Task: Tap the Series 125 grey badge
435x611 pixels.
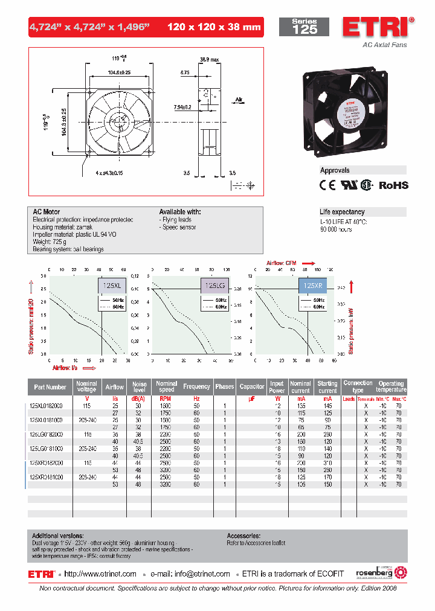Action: [x=304, y=27]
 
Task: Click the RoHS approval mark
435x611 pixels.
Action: [x=393, y=185]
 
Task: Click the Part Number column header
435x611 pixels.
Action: [x=50, y=387]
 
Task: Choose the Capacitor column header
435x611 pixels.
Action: [x=251, y=387]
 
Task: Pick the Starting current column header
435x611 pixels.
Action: [x=327, y=387]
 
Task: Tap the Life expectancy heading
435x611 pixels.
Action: [x=342, y=212]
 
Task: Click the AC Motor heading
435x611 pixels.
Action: [x=47, y=212]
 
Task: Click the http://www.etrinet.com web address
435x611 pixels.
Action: [x=100, y=574]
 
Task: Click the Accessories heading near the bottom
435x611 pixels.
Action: [x=243, y=536]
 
